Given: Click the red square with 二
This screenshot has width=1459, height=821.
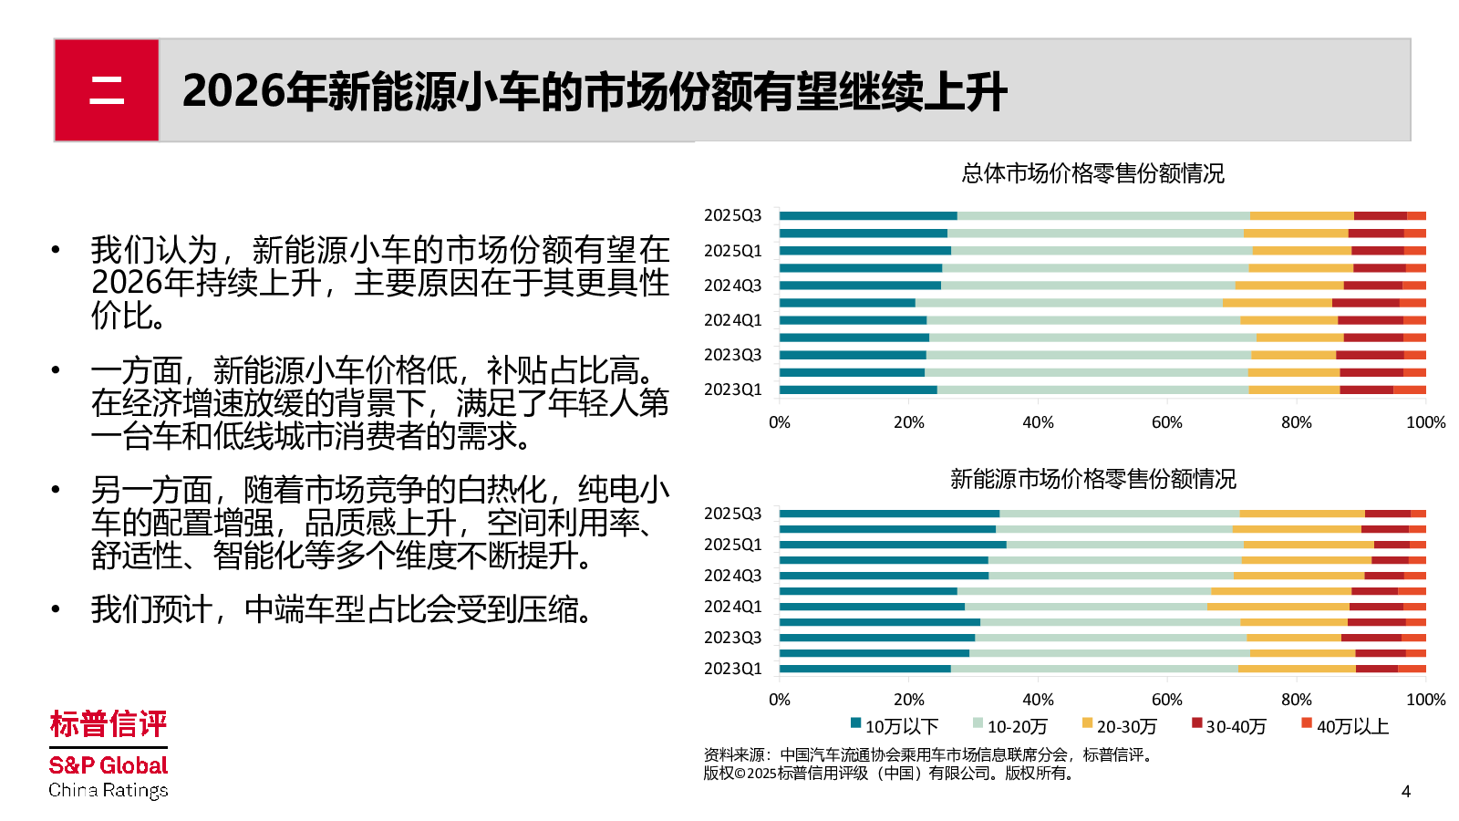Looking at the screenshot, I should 107,90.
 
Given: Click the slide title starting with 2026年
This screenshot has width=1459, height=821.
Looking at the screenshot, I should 595,91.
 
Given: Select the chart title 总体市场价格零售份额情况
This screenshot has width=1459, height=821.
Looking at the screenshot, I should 1092,173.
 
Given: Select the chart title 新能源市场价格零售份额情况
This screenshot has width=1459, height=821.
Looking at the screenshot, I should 1092,479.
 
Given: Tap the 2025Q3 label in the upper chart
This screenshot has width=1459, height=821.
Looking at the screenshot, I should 732,215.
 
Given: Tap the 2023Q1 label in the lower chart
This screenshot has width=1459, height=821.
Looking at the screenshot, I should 732,669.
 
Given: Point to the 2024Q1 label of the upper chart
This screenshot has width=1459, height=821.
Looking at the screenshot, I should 732,320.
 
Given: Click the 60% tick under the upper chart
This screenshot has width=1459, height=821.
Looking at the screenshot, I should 1166,422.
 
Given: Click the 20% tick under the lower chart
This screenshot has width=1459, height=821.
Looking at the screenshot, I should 908,700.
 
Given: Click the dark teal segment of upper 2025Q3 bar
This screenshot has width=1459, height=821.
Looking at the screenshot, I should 868,216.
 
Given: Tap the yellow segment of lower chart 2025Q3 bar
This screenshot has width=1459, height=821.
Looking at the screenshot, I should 1301,514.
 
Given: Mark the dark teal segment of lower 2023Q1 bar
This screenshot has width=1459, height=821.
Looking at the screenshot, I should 864,669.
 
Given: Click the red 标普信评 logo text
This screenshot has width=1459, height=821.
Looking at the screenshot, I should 109,724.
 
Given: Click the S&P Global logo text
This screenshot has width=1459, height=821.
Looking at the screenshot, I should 109,765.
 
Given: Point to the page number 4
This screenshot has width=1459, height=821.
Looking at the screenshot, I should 1405,791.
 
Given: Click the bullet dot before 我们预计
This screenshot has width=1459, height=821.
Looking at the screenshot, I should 56,609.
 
